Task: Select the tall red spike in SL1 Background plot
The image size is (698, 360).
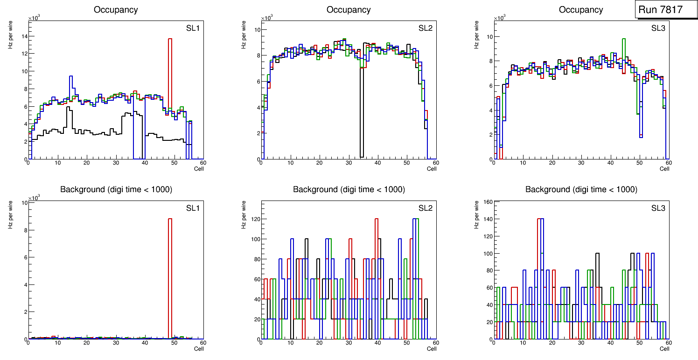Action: pos(170,280)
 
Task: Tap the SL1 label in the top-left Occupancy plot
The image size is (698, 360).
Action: pos(192,28)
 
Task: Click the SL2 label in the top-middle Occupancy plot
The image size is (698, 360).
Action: pos(425,28)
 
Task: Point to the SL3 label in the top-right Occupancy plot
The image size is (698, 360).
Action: pos(658,28)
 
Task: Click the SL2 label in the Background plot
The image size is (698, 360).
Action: pos(425,208)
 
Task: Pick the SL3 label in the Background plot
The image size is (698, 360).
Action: pos(658,208)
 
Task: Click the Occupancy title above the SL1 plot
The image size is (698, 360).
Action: pos(116,9)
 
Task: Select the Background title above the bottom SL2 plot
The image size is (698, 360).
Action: pos(349,189)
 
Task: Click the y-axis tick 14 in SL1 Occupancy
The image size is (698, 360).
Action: pos(23,36)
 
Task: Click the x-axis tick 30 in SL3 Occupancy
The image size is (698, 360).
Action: pos(581,163)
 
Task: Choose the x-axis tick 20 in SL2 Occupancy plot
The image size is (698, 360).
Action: pos(319,163)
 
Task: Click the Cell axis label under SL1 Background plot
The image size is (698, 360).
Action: pos(199,348)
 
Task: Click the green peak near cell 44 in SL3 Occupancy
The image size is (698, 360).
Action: pos(624,39)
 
